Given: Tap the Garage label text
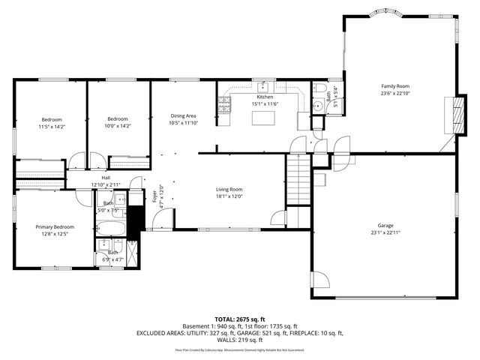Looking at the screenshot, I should coord(385,225).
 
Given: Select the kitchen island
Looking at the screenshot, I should coord(262,118).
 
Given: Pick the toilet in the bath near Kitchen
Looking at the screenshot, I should coord(319,90).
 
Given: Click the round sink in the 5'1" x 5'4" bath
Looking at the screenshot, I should coord(317,106).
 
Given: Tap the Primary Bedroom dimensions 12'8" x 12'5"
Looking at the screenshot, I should coord(55,234).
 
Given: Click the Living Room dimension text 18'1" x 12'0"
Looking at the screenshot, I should coord(229,196).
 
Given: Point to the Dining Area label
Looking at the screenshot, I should coord(182,115).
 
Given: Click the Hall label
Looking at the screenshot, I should coord(106,178).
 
